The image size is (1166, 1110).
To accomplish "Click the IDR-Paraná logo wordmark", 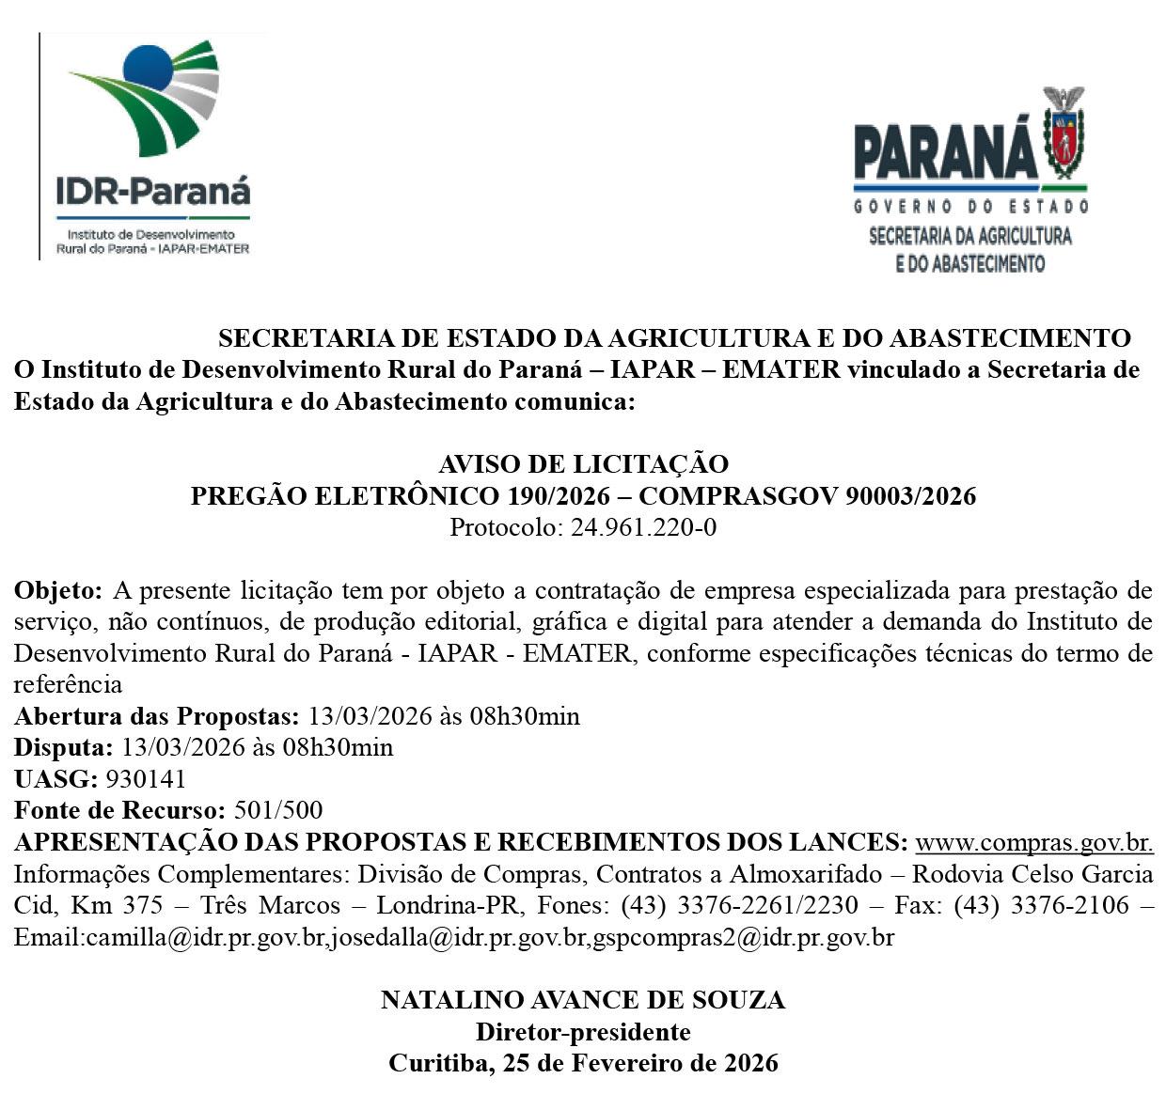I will (x=153, y=192).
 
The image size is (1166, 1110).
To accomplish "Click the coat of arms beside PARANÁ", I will (x=1064, y=135).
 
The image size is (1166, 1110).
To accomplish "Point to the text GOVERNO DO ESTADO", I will (x=970, y=206).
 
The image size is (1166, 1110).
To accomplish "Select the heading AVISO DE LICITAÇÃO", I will (x=583, y=464).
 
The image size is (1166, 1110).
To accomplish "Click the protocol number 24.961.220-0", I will (x=643, y=527).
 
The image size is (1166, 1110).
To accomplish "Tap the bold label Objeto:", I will (x=57, y=591).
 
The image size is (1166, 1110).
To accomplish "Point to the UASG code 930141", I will (x=146, y=779).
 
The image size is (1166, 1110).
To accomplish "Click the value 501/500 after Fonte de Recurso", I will (x=277, y=810).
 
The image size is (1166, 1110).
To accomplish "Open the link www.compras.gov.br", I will (x=1034, y=841).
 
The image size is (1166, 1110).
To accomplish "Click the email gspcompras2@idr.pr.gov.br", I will (x=743, y=937).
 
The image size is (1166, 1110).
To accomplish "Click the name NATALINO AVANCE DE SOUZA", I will (x=583, y=1000).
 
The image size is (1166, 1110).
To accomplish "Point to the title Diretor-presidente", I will (x=583, y=1032).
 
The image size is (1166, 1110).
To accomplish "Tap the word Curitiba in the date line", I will (x=438, y=1063).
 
